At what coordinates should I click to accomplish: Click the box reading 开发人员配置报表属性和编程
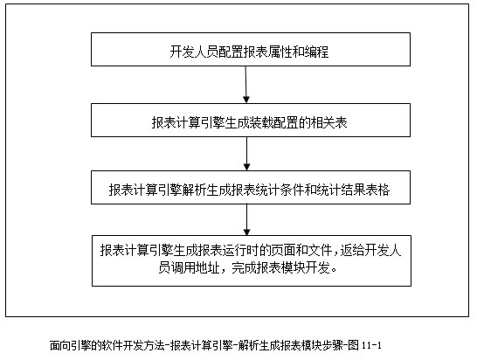coord(251,49)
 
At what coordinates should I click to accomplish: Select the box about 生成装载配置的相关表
coord(251,121)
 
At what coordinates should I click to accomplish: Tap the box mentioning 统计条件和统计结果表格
coord(251,188)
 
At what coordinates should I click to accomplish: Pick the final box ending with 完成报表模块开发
coord(252,260)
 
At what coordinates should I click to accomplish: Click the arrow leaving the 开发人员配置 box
coord(246,85)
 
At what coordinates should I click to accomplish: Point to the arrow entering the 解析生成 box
coord(246,154)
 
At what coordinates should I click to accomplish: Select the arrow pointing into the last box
coord(246,219)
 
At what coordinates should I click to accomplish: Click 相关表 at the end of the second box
coord(328,122)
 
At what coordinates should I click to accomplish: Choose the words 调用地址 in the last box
coord(195,267)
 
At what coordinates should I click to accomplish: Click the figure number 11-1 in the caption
coord(372,345)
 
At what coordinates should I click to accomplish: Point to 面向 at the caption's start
coord(59,346)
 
